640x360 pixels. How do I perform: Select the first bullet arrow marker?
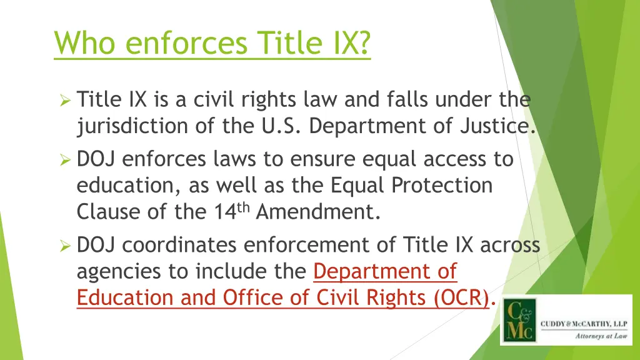click(x=64, y=100)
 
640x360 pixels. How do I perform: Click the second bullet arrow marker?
click(x=64, y=161)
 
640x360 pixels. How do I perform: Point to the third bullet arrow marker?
click(x=64, y=246)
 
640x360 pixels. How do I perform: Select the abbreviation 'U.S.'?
click(x=281, y=126)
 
